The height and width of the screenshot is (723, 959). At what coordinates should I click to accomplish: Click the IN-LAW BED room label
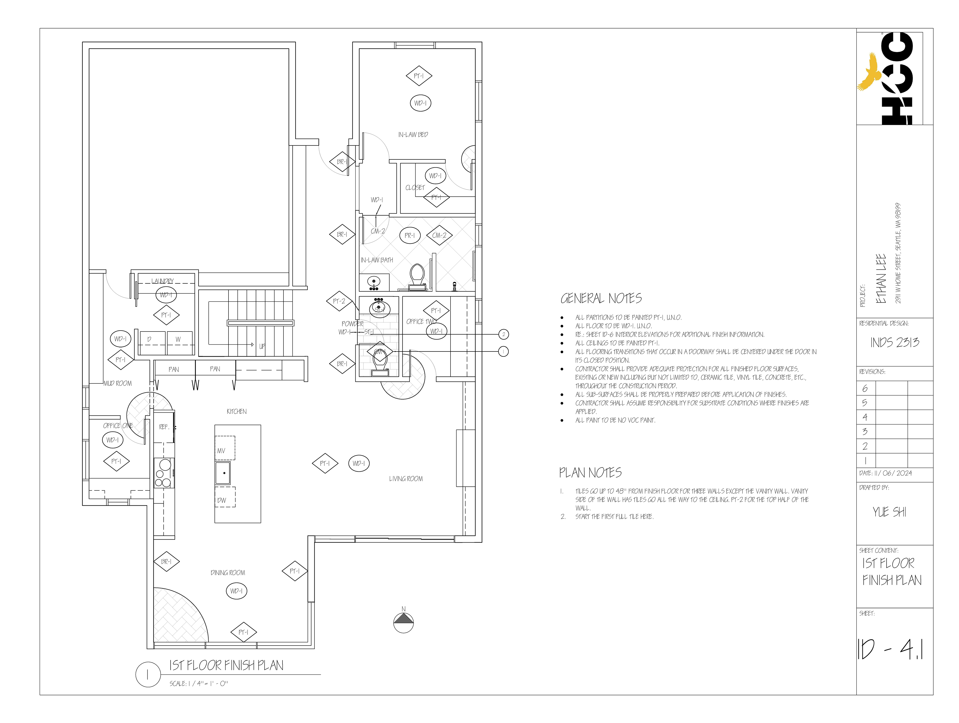413,135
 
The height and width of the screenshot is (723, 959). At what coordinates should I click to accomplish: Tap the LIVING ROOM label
406,479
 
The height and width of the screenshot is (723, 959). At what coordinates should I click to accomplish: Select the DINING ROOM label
228,573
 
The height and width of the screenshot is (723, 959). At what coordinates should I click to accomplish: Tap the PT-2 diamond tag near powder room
339,301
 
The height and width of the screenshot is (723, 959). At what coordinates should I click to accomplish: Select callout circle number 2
503,334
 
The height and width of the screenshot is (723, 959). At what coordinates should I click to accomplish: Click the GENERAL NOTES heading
601,298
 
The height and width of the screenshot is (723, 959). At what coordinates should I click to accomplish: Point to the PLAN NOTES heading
590,473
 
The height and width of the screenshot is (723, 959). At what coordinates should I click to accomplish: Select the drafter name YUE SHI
889,512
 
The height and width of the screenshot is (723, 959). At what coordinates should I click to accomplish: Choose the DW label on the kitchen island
222,500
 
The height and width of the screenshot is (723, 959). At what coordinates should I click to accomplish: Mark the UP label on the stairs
262,346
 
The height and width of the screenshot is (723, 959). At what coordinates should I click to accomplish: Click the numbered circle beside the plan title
148,675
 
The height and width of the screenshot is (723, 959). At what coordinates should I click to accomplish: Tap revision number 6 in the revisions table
865,389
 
